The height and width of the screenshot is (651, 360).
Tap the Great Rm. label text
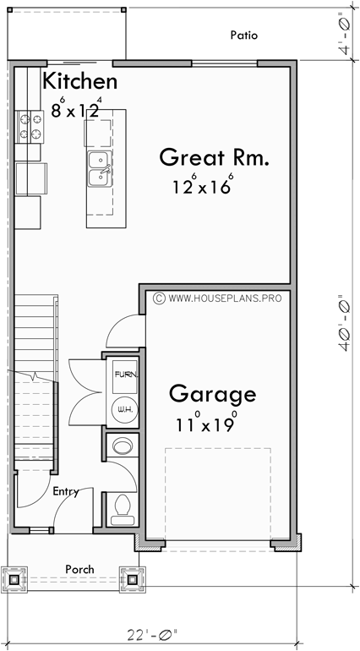pos(214,157)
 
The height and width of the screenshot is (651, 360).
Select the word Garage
pos(211,394)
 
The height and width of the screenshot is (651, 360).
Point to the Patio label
pos(243,36)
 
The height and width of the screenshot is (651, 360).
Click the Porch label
pos(79,569)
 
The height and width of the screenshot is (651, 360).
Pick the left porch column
pos(16,580)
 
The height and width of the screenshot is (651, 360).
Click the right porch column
pos(132,580)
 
